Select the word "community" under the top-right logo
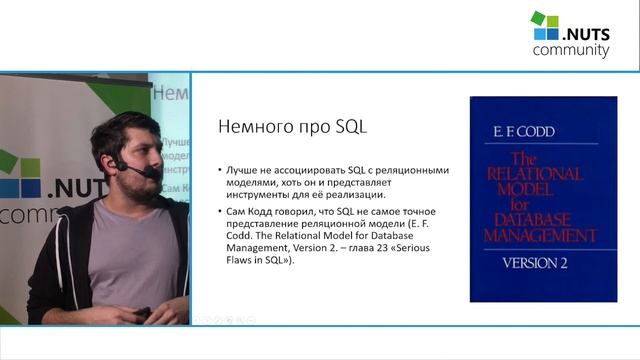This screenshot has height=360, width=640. point(571,50)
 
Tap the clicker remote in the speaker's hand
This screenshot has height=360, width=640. point(143,314)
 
